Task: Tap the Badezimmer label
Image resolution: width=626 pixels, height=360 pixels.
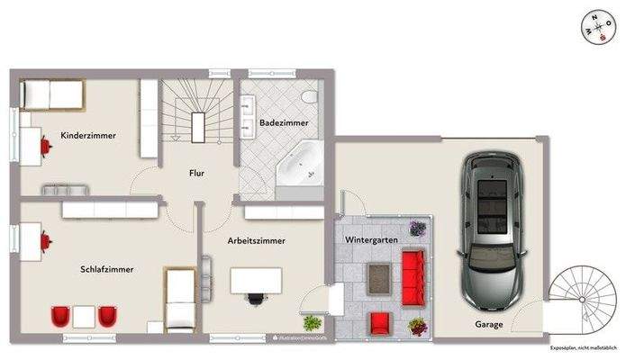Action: click(284, 121)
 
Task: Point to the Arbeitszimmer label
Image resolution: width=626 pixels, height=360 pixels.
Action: click(258, 241)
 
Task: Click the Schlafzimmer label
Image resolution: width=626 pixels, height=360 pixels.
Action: click(108, 268)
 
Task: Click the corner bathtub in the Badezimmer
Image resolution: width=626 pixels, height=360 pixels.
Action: click(298, 164)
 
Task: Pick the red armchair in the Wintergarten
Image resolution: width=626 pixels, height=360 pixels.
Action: click(379, 322)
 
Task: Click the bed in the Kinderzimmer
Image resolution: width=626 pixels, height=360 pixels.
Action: click(53, 94)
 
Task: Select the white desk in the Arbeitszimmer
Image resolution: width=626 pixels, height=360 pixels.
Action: click(257, 281)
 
